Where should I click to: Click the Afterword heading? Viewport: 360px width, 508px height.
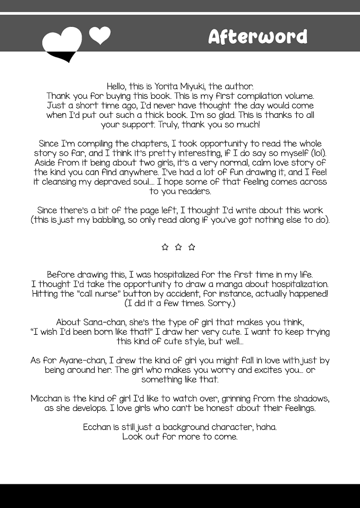pos(258,37)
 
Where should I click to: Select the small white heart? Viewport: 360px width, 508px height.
pos(100,34)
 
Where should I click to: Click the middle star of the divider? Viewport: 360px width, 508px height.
pos(178,247)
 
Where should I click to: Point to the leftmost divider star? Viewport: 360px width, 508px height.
pos(165,247)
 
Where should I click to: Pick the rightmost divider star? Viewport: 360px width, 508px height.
pos(192,247)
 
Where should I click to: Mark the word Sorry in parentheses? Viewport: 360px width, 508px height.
pos(221,303)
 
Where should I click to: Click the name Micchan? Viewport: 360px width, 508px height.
pos(47,399)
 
